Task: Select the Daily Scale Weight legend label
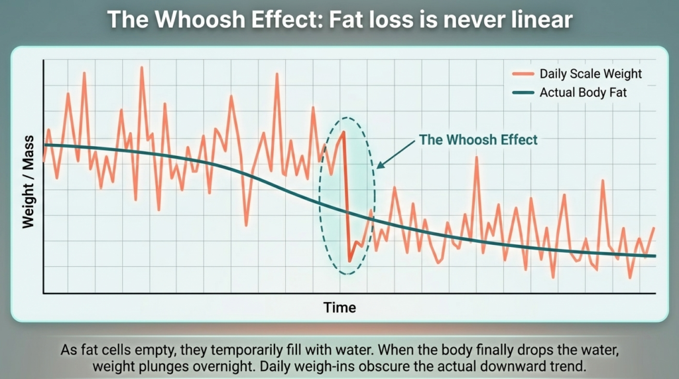[590, 74]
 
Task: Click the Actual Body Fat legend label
[583, 93]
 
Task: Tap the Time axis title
[339, 307]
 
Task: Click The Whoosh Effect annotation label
[477, 140]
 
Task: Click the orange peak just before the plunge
[344, 131]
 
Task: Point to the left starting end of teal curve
[44, 145]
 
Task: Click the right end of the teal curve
[655, 256]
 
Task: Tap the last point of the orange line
[654, 228]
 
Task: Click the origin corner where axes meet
[43, 293]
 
